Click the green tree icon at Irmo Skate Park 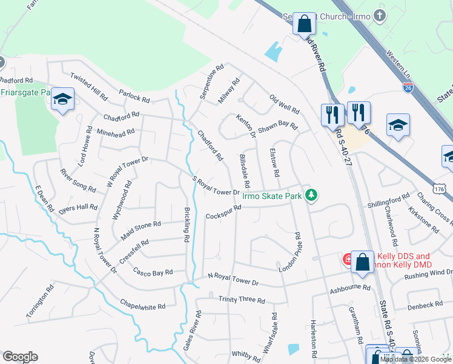pos(311,195)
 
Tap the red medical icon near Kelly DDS pos(348,259)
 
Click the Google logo pos(20,357)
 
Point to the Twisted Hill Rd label pos(88,86)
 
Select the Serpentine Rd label pos(212,82)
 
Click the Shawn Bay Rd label pos(278,127)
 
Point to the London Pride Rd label pos(289,252)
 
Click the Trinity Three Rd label pos(242,300)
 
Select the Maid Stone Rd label pos(141,229)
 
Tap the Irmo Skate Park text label pos(271,195)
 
